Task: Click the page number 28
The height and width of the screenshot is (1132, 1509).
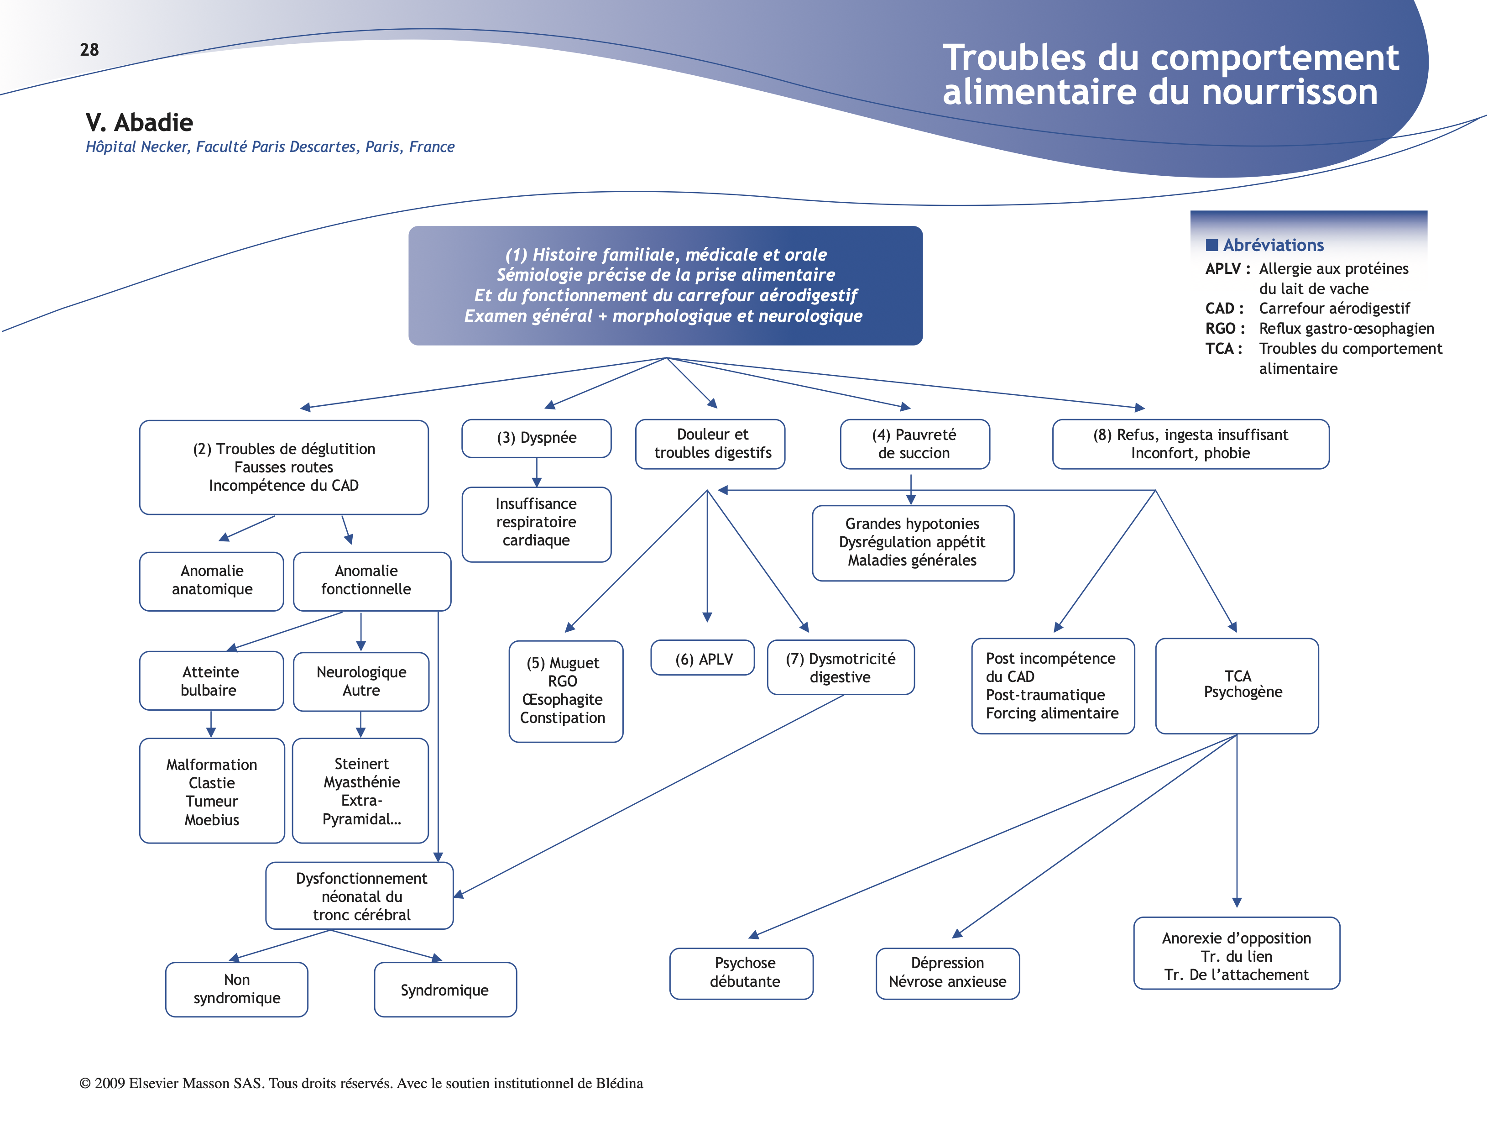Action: point(89,50)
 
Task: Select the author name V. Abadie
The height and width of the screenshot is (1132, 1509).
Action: point(139,123)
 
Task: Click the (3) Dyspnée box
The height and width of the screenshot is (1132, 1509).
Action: point(536,438)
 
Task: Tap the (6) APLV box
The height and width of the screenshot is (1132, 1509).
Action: point(703,659)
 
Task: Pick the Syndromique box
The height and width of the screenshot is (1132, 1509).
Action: point(445,990)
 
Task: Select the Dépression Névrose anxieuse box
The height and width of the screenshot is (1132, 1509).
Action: point(948,972)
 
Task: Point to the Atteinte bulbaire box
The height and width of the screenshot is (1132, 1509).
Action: point(211,681)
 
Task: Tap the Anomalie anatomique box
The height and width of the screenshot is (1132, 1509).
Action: point(211,580)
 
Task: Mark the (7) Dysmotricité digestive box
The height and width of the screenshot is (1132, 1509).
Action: point(841,668)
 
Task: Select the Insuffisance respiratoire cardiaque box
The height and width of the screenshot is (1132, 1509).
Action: point(536,523)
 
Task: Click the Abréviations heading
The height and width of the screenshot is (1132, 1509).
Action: point(1273,246)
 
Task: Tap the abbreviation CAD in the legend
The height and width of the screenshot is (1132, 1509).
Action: point(1220,309)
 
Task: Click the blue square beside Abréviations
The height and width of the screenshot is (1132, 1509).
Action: point(1211,245)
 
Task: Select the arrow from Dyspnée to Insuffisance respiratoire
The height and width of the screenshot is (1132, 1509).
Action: point(537,472)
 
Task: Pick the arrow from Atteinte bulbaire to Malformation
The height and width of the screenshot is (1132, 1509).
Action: point(211,724)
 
